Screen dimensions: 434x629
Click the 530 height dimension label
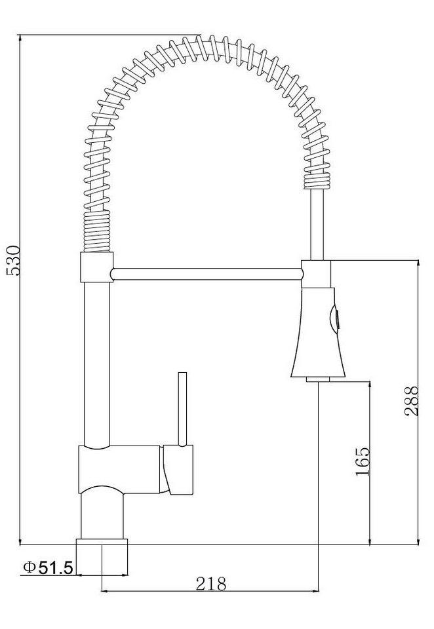pos(13,260)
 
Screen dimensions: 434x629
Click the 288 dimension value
pos(411,401)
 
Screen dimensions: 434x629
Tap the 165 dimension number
pos(362,461)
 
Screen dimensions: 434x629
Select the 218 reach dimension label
pos(211,584)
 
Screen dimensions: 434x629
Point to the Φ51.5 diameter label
pos(48,567)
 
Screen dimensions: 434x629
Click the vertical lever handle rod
pos(183,409)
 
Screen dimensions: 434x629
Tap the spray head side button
pos(334,320)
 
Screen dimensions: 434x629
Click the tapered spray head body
pos(318,332)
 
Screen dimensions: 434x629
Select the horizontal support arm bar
pos(206,274)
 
